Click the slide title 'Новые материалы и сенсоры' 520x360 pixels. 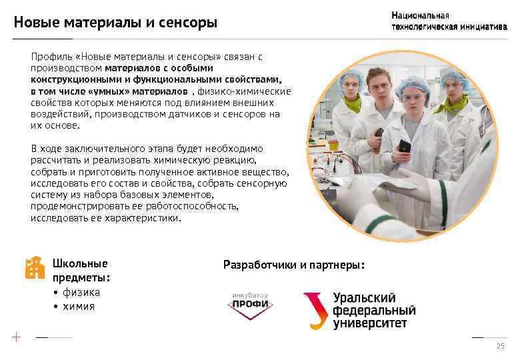coord(115,23)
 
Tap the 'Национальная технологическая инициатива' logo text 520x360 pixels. coord(449,21)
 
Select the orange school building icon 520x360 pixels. coord(34,267)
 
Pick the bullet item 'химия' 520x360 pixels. coord(79,307)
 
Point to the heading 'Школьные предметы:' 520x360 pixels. coord(81,270)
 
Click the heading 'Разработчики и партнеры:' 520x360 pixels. coord(294,265)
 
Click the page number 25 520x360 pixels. coord(500,347)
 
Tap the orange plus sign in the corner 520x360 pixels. coord(15,337)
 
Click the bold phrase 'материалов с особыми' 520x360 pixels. coord(159,67)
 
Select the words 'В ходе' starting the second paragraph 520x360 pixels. coord(45,148)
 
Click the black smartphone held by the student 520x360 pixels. coord(404,146)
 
